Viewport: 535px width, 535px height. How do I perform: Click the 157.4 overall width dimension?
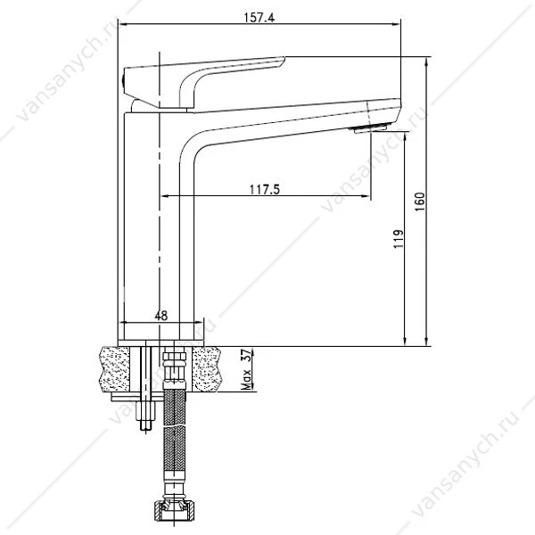(x=259, y=17)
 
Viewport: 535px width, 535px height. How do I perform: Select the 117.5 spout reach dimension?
(x=265, y=189)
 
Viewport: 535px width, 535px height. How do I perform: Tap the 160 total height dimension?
(x=420, y=202)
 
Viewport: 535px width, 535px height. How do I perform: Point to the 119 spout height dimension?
(x=399, y=239)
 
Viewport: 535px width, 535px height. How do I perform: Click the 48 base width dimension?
(x=161, y=316)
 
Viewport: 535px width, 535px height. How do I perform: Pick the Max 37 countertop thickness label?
(x=246, y=369)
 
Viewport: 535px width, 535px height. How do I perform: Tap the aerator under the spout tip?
(x=370, y=128)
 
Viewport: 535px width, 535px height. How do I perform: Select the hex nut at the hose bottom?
(x=175, y=510)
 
